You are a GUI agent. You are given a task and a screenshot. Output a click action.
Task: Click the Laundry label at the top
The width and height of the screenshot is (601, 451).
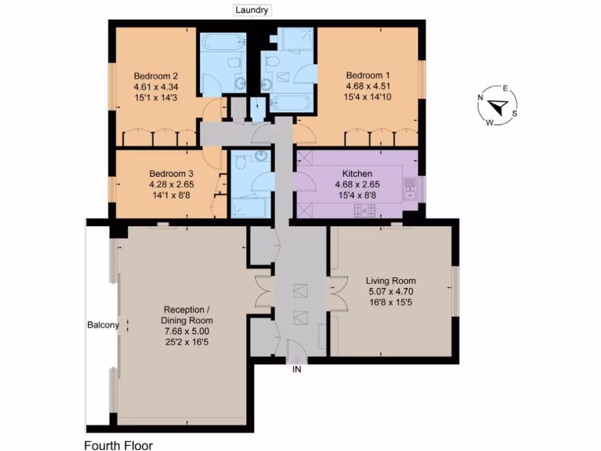click(252, 10)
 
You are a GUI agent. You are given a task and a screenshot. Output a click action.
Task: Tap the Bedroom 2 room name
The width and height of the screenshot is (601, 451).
click(156, 76)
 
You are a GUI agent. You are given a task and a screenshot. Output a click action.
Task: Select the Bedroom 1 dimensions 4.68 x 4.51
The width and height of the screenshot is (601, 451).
click(367, 86)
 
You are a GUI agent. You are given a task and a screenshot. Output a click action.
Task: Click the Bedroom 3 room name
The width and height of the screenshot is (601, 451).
click(171, 174)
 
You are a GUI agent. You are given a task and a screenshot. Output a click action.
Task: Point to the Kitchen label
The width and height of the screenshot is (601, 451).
click(357, 174)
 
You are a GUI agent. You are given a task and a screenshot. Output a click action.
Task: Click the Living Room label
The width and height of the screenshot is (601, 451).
click(390, 281)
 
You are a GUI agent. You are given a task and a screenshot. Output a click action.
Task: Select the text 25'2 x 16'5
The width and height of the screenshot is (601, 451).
click(187, 341)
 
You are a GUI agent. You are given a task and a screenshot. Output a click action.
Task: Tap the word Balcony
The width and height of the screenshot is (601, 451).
click(103, 325)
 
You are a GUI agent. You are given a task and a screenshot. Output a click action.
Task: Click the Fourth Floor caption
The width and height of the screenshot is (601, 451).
click(118, 446)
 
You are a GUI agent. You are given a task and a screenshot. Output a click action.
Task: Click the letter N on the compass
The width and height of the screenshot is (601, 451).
click(480, 98)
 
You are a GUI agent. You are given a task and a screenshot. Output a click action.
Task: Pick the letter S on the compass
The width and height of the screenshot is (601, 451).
click(515, 113)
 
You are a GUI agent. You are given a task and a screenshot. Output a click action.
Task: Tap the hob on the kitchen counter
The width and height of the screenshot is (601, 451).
click(364, 209)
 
